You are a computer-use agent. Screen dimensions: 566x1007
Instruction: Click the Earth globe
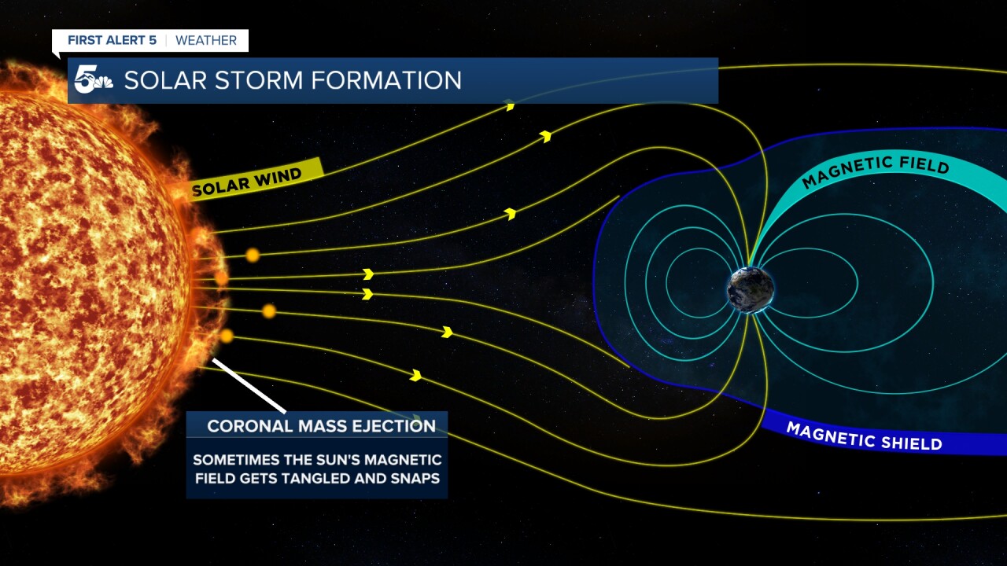tap(750, 290)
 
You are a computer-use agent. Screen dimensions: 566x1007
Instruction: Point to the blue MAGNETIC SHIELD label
tap(864, 436)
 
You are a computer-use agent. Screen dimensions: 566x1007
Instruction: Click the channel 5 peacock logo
tap(93, 80)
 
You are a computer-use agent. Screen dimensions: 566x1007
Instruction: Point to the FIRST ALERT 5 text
tap(112, 40)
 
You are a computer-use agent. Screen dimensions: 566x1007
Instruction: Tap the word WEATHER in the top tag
tap(206, 40)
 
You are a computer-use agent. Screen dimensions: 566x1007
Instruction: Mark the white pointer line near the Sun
tap(249, 386)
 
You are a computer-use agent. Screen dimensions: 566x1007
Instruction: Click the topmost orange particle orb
tap(253, 255)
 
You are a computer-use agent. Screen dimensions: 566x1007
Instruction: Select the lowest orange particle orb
tap(227, 336)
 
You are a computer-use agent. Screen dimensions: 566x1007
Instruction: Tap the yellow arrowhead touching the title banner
tap(510, 105)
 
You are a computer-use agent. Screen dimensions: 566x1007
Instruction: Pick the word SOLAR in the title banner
tap(159, 80)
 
